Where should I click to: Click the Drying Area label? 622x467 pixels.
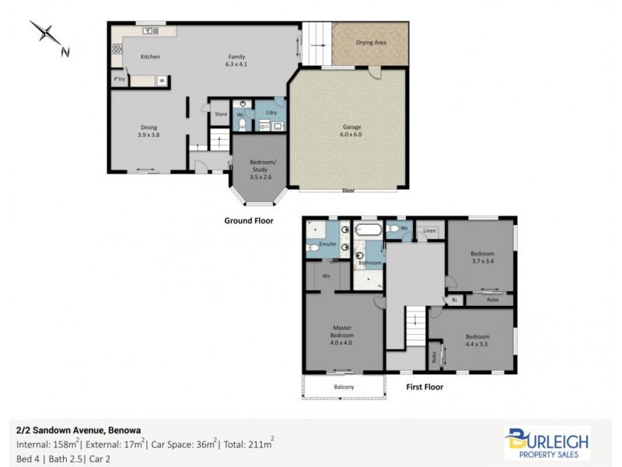coord(371,42)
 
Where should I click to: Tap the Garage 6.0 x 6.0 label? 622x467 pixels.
coord(352,131)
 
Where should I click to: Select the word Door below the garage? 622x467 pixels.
coord(349,191)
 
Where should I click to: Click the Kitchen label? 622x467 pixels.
coord(150,57)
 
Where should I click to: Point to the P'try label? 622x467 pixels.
coord(120,79)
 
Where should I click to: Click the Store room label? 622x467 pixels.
coord(221,114)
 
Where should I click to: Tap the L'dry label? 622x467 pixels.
coord(271,113)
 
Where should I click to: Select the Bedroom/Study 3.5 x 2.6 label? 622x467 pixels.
coord(262,169)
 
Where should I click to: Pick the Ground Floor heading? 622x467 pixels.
coord(249,221)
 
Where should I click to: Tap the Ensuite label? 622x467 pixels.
coord(327,244)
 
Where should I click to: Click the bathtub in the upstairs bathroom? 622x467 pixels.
coord(368,230)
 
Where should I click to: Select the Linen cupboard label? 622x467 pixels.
coord(429,231)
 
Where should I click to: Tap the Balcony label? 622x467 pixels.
coord(344,388)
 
